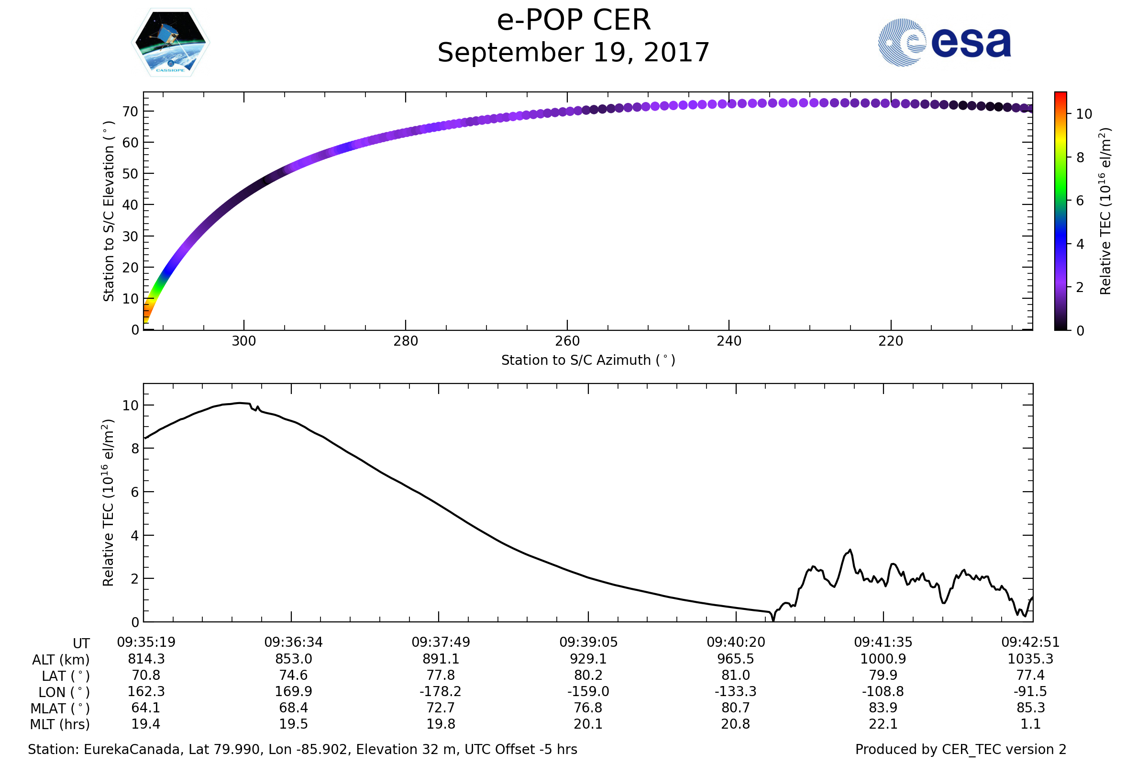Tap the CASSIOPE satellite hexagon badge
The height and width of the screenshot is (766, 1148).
pyautogui.click(x=170, y=43)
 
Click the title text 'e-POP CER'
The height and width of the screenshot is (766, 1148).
pyautogui.click(x=574, y=21)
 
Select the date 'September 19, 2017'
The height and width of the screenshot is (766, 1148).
pyautogui.click(x=574, y=53)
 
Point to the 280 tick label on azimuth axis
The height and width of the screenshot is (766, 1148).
pyautogui.click(x=406, y=341)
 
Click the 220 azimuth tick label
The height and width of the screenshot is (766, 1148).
pyautogui.click(x=891, y=341)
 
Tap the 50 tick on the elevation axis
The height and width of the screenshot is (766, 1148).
pyautogui.click(x=130, y=174)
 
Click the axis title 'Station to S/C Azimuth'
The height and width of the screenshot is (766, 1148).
pyautogui.click(x=588, y=360)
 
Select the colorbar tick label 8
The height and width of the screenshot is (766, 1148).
pyautogui.click(x=1080, y=158)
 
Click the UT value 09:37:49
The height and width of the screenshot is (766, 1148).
pyautogui.click(x=441, y=642)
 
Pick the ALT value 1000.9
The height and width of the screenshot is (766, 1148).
pyautogui.click(x=883, y=659)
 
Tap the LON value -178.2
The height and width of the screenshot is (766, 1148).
pyautogui.click(x=440, y=692)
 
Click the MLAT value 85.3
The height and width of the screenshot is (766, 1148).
pyautogui.click(x=1030, y=708)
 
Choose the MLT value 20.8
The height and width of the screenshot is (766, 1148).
pyautogui.click(x=736, y=724)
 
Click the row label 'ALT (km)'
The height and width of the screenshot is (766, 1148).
pyautogui.click(x=61, y=660)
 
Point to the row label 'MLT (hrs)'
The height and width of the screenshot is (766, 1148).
pyautogui.click(x=60, y=724)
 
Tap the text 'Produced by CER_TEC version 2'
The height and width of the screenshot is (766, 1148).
pyautogui.click(x=960, y=749)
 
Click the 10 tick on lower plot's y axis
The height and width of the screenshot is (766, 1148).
pyautogui.click(x=130, y=406)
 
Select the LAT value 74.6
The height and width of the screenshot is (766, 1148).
pyautogui.click(x=293, y=675)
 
